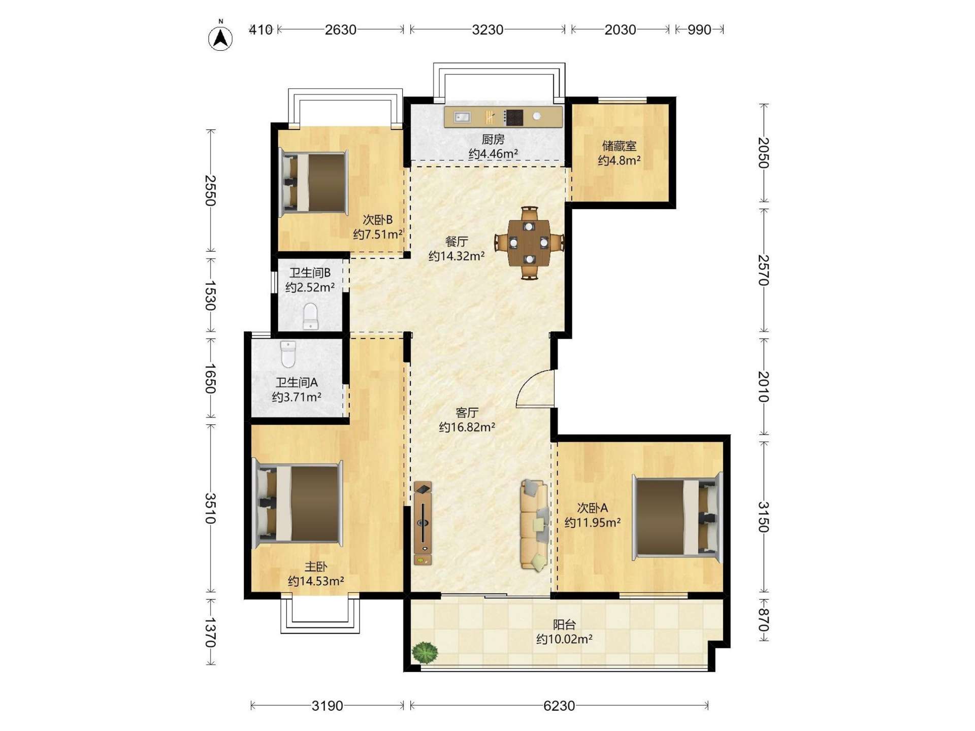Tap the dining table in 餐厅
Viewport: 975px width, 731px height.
529,243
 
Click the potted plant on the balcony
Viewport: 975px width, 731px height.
425,653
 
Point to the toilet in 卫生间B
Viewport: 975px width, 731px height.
310,316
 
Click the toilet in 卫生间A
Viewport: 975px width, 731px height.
288,354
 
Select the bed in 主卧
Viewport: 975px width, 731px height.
298,504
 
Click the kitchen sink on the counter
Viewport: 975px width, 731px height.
462,117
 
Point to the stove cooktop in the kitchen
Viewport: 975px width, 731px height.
513,117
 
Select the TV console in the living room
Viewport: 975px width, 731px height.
423,523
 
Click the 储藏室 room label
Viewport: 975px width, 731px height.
619,146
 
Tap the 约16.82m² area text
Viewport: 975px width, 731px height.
467,427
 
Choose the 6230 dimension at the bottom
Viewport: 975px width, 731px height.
559,706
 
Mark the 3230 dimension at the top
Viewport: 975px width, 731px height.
487,30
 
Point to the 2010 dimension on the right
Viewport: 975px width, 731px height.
763,386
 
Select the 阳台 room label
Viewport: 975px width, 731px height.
564,624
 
